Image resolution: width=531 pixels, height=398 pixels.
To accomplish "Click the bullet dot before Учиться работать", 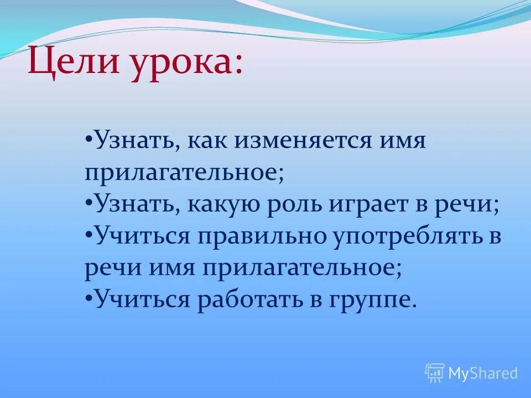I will [89, 298].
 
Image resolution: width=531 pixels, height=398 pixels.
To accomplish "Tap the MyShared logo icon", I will [435, 373].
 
